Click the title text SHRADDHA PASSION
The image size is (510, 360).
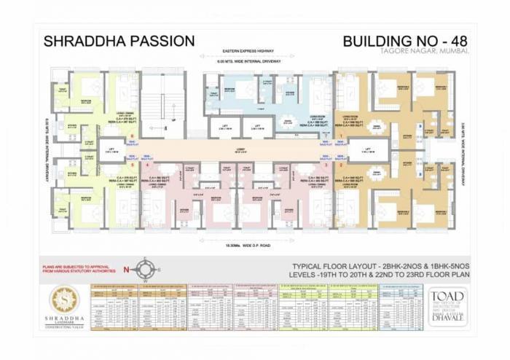119,41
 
